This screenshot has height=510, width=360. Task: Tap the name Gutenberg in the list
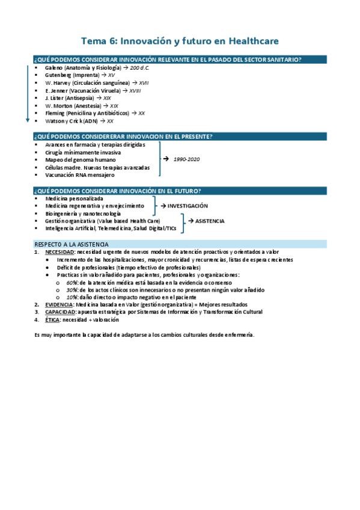point(58,75)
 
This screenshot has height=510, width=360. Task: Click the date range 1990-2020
point(186,159)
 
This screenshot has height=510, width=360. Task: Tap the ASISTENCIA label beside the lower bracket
point(210,221)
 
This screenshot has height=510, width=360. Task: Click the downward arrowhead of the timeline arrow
point(27,120)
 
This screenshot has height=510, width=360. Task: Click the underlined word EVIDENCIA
point(58,305)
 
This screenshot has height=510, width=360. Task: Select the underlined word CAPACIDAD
point(59,312)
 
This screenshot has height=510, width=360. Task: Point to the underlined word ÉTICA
point(52,320)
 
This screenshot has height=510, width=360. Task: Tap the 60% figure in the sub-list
point(72,282)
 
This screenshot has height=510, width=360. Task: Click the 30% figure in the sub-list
point(72,290)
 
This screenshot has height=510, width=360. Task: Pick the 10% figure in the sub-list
point(72,297)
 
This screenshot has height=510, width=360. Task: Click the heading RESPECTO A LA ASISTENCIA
point(72,244)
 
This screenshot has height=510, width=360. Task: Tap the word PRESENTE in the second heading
point(191,137)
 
